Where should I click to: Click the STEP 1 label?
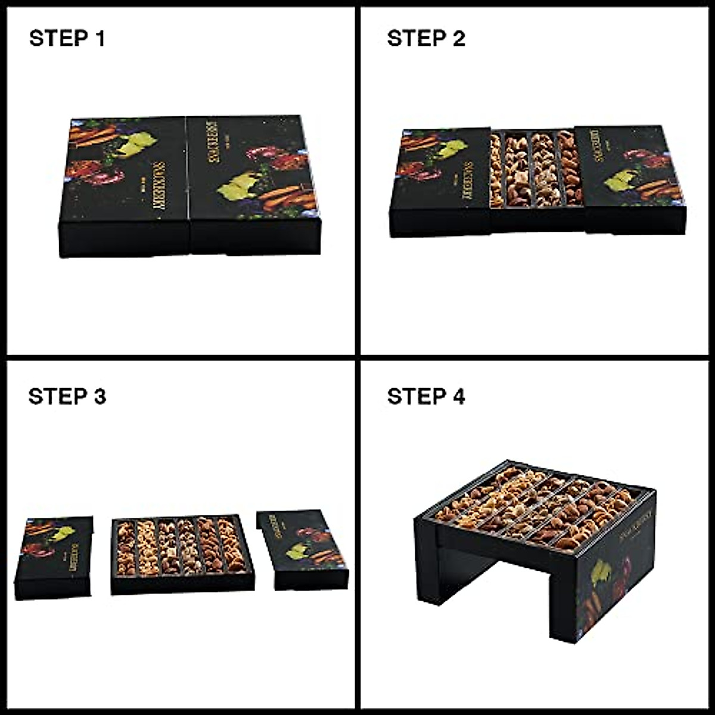pos(67,39)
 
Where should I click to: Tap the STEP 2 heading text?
pos(425,39)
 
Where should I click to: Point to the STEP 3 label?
pos(67,396)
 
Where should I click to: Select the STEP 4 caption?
pos(425,396)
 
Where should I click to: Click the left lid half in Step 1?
pos(125,179)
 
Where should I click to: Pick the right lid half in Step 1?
pos(253,179)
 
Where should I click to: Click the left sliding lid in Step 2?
pos(441,179)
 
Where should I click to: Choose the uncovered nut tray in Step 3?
pos(182,548)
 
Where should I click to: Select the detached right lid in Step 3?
pos(304,548)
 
